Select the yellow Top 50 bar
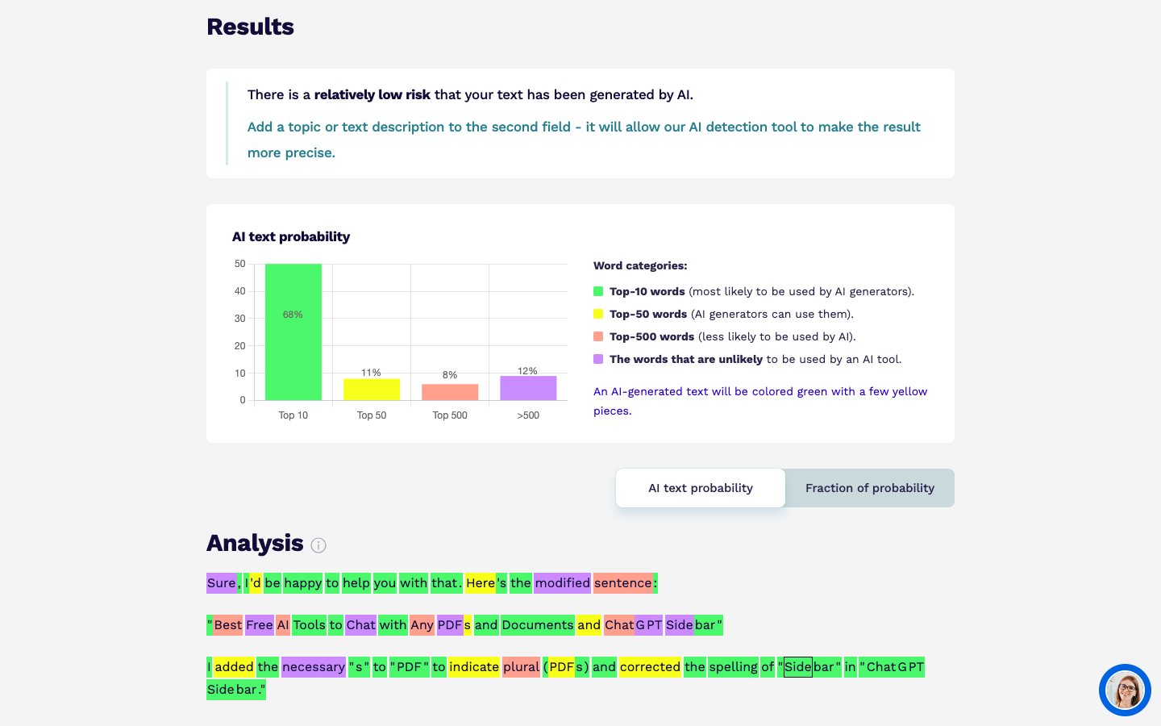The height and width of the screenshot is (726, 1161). (371, 390)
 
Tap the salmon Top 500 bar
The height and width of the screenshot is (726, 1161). (450, 392)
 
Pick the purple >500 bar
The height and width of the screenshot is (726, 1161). (528, 388)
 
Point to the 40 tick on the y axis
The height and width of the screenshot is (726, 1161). (239, 291)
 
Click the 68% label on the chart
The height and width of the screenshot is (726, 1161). (293, 315)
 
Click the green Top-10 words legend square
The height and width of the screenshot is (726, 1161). (598, 291)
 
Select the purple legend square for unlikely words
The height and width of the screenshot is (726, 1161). (598, 359)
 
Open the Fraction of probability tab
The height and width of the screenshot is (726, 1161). (869, 488)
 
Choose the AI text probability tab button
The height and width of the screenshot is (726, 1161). (701, 488)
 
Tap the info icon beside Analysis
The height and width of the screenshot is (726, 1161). (318, 545)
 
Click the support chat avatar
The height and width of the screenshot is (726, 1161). (1125, 690)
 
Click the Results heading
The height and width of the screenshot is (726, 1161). (250, 27)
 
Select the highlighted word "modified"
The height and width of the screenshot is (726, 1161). (562, 582)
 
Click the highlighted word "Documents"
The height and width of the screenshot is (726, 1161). (537, 624)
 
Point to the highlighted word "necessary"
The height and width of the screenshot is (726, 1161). (314, 666)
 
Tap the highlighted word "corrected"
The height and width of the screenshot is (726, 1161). (650, 666)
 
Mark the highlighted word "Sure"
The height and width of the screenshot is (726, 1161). (221, 582)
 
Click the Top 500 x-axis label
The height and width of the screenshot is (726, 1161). (450, 415)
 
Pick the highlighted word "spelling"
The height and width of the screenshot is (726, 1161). (733, 666)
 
